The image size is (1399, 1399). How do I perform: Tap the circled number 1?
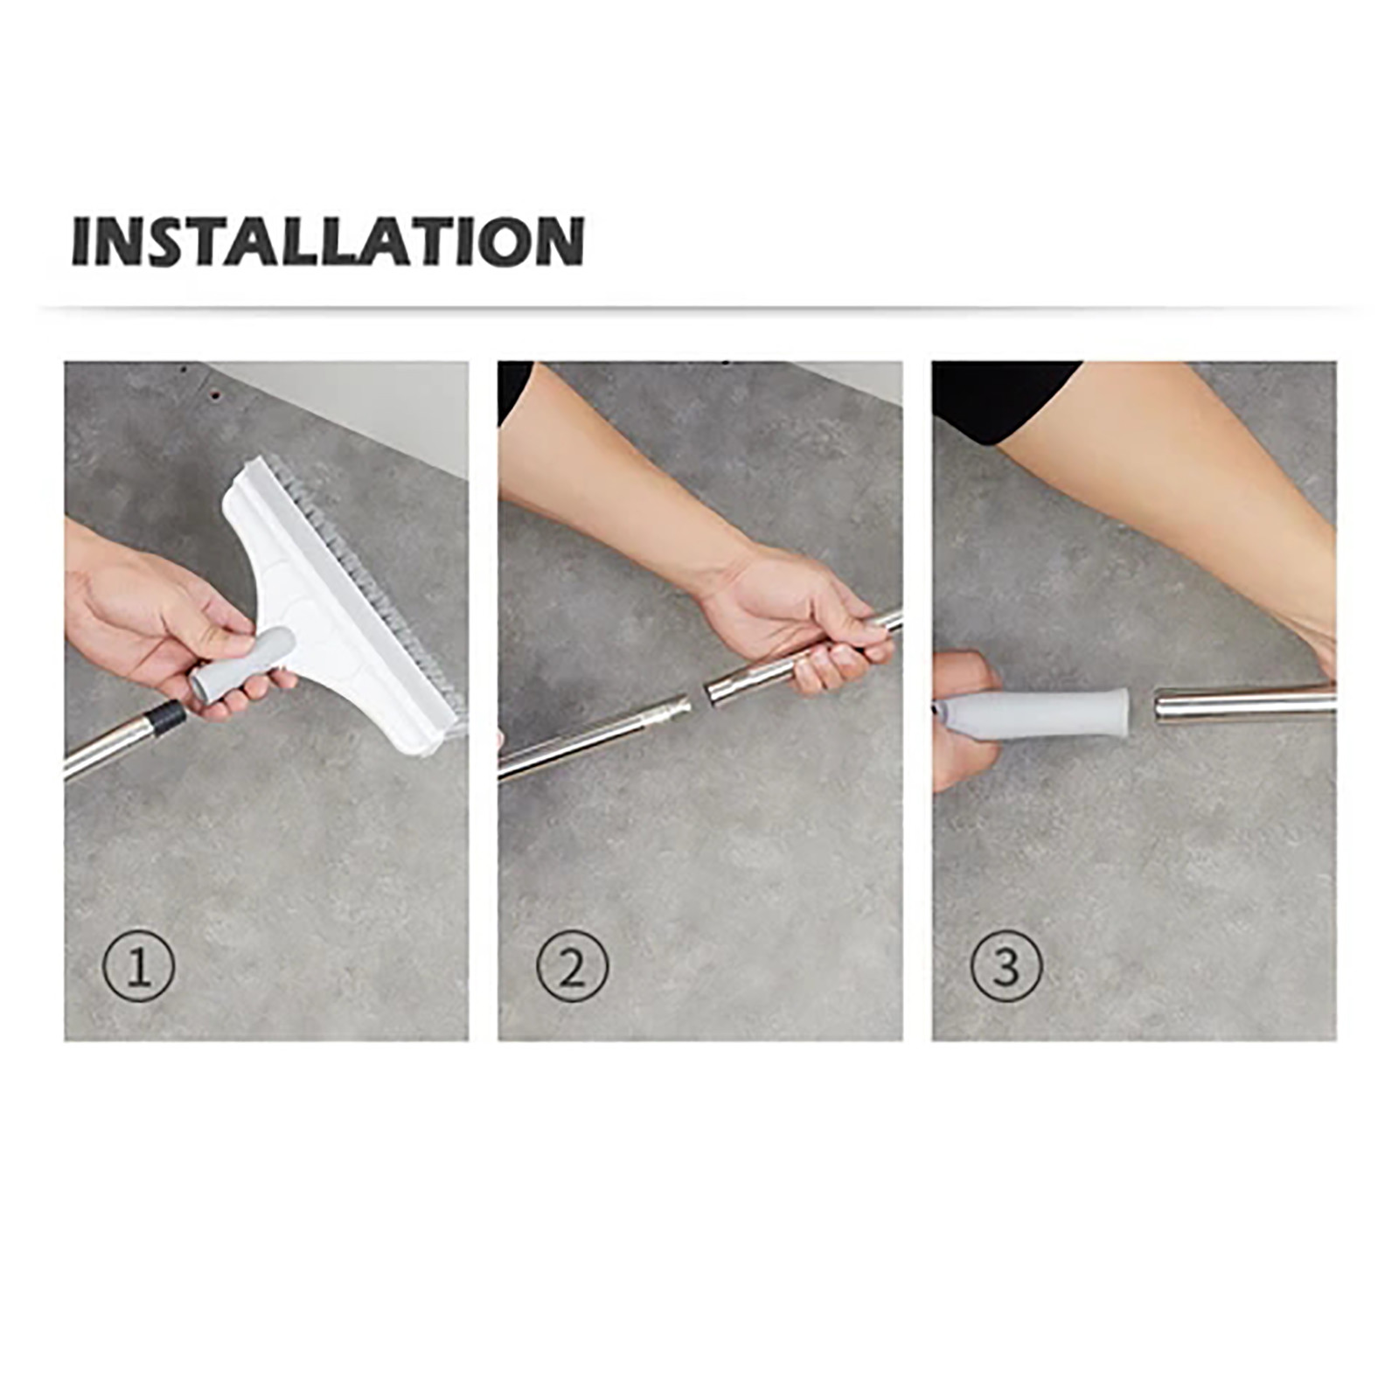[x=139, y=966]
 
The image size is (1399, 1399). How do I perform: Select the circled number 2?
[x=573, y=966]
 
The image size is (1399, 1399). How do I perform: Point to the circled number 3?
[x=1006, y=966]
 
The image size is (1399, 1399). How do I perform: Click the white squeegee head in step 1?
[x=332, y=603]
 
